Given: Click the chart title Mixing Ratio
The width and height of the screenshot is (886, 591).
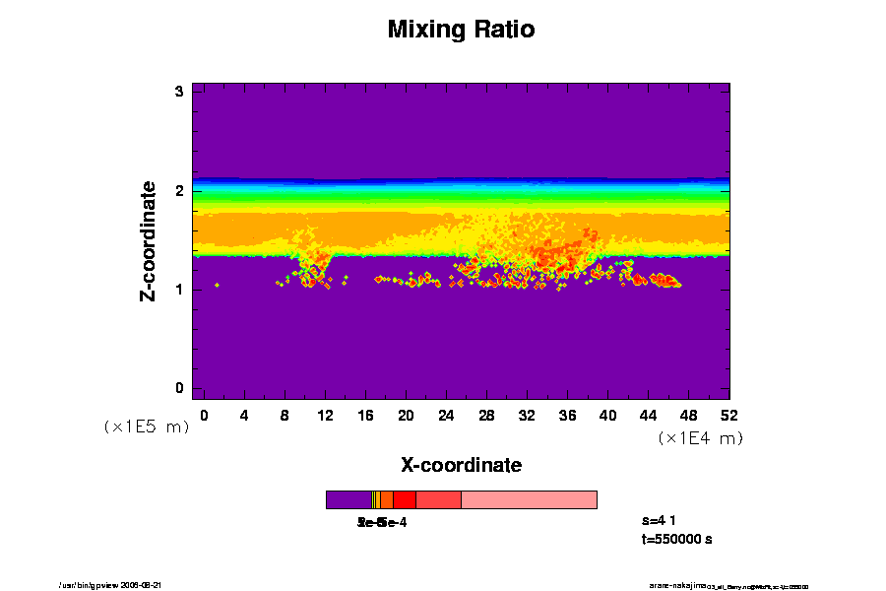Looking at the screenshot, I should [x=461, y=30].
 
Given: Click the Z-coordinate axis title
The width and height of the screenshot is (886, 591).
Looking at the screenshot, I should [x=149, y=240].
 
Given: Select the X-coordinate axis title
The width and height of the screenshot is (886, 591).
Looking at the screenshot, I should [x=461, y=464].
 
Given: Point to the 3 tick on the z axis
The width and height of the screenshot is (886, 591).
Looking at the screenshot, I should [x=180, y=92].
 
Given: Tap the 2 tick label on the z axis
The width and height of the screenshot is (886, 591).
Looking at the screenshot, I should [x=180, y=190].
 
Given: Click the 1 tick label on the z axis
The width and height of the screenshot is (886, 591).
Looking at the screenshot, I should [x=180, y=290].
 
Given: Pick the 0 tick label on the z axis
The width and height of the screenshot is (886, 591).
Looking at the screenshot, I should [x=180, y=388].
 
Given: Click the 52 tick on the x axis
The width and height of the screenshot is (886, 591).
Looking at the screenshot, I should [x=729, y=416].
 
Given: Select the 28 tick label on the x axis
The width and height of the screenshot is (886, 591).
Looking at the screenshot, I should [x=486, y=416].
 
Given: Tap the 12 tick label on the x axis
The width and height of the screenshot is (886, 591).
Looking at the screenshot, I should [x=325, y=416].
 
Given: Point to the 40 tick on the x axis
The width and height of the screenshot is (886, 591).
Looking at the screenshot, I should [x=608, y=416].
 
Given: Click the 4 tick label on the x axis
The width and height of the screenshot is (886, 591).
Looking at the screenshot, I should [x=244, y=416].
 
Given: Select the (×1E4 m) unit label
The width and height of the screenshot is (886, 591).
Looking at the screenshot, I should [x=700, y=438].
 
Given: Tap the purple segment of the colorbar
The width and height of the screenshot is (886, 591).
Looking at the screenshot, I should [x=348, y=499].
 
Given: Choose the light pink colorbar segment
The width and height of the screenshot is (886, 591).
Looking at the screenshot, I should [x=529, y=499].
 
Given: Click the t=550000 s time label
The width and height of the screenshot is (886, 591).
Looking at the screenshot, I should [x=676, y=539].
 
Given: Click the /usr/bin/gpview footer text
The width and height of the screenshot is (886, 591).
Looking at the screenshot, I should [x=117, y=585].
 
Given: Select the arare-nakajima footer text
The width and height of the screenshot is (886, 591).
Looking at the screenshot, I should [x=678, y=585].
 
